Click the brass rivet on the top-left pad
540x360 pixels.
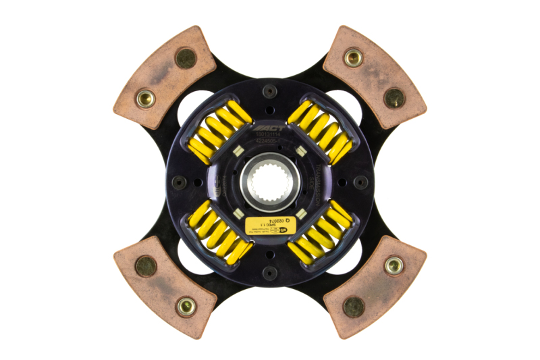(145, 99)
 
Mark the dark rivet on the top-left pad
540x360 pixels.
(186, 58)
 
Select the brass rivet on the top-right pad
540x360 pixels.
(353, 57)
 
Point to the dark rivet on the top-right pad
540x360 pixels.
(394, 99)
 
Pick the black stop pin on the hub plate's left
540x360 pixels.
(179, 182)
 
